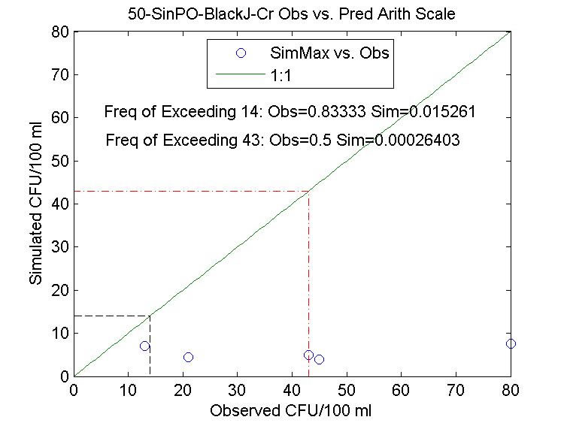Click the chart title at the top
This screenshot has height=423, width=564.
(x=293, y=14)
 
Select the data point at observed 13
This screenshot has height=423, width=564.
(x=144, y=346)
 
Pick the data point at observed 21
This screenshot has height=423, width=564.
(x=188, y=357)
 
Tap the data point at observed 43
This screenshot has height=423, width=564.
(x=308, y=355)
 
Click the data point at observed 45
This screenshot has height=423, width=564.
(x=319, y=359)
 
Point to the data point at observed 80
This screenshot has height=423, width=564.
(x=511, y=343)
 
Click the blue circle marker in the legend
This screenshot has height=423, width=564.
(x=241, y=53)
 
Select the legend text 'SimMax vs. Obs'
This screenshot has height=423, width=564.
(x=329, y=54)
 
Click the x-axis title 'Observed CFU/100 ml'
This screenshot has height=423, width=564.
(x=292, y=411)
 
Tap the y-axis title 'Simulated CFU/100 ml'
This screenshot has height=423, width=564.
(x=35, y=204)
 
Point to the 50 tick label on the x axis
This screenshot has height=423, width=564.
(x=347, y=391)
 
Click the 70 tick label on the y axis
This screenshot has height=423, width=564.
(x=59, y=75)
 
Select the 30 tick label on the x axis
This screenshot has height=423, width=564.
(x=238, y=391)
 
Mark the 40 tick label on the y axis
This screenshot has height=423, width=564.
(x=59, y=204)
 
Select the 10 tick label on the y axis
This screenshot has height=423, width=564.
(x=59, y=333)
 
